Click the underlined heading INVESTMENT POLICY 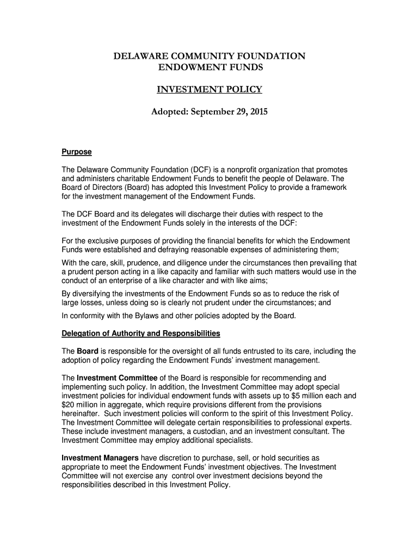pos(209,90)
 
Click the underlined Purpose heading pos(76,152)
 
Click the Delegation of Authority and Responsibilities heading pos(140,333)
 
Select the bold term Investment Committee pos(117,377)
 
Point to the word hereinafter pos(82,413)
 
